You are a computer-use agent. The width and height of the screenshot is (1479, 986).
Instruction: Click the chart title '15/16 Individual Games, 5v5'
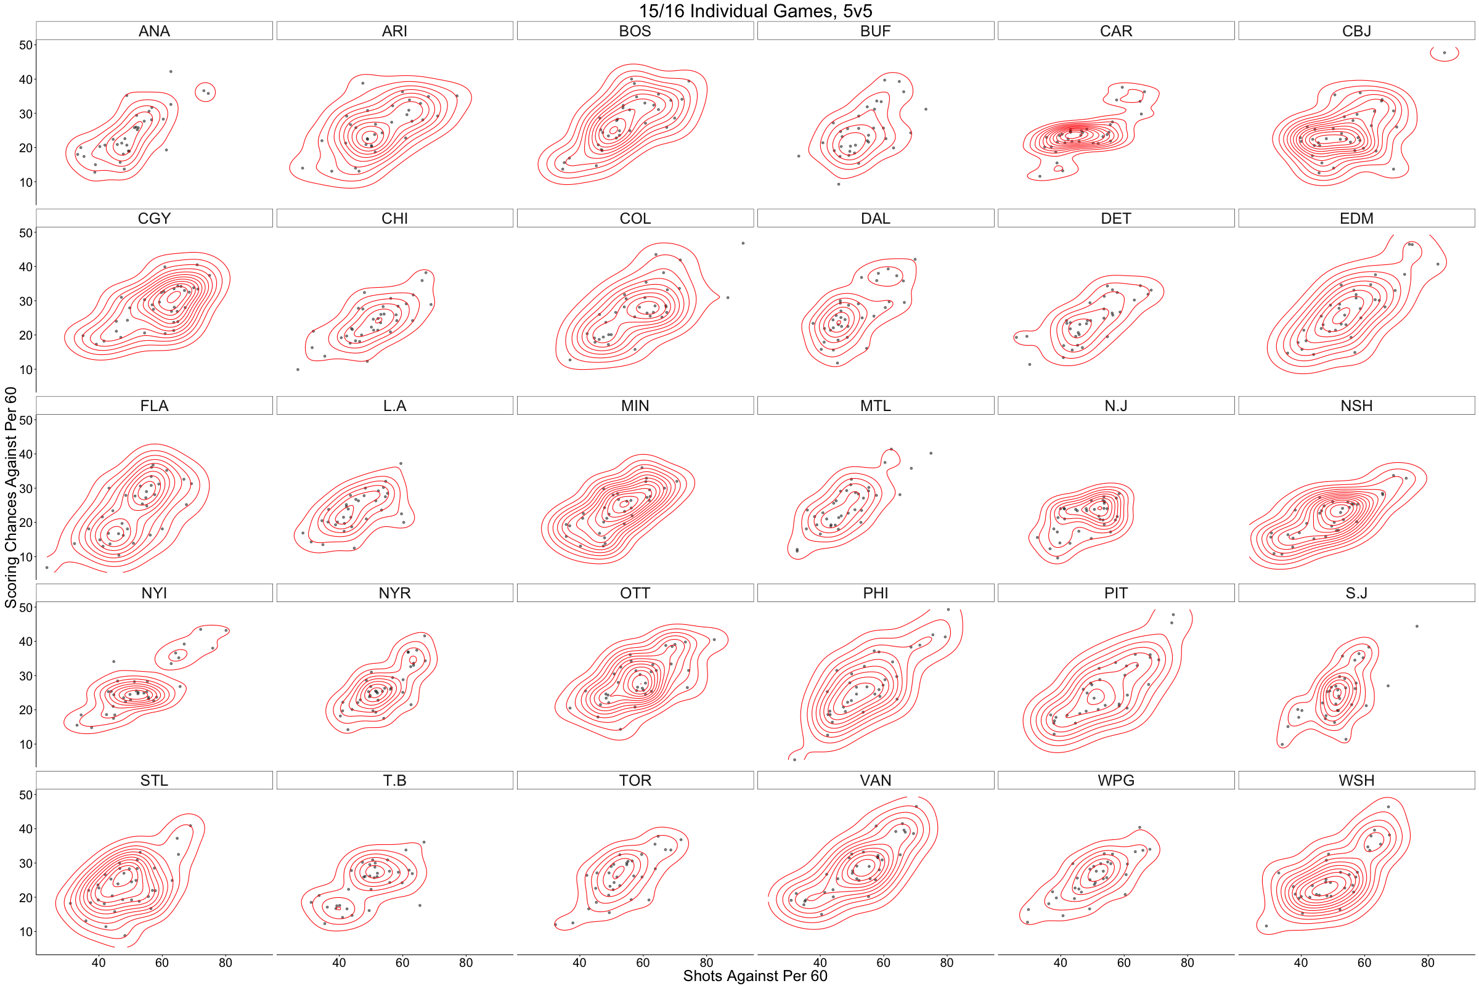coord(756,10)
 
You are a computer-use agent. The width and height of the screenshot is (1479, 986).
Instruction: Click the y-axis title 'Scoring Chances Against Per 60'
coord(10,497)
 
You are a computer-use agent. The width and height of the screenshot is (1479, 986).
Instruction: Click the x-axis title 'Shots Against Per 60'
coord(756,976)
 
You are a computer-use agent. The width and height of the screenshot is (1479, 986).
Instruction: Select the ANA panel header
coord(154,31)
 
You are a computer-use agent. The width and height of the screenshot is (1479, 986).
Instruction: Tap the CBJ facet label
coord(1356,31)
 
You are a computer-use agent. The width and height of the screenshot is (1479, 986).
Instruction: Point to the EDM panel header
coord(1356,218)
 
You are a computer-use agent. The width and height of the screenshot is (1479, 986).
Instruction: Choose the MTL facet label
coord(875,405)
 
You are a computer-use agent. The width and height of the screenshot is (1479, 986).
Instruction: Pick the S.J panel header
coord(1356,593)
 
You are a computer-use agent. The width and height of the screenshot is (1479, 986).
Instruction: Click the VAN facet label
coord(875,780)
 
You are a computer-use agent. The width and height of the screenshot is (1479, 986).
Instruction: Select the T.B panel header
coord(394,780)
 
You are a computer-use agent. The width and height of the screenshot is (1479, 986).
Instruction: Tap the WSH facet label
coord(1356,780)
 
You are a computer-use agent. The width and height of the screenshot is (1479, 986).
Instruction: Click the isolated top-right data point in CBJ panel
coord(1444,53)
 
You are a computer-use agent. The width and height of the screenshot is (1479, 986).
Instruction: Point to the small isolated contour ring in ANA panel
coord(206,92)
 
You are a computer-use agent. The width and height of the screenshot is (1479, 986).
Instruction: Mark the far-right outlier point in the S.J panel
coord(1417,626)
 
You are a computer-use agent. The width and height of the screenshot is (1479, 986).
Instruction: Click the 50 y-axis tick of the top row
coord(25,45)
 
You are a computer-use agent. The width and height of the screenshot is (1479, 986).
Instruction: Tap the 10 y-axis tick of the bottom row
coord(25,932)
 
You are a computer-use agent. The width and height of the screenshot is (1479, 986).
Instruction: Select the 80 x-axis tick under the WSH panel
coord(1428,963)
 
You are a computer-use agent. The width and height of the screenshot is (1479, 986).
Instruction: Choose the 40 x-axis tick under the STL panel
coord(99,963)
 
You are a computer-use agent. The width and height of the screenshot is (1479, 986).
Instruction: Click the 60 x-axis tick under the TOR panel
coord(643,963)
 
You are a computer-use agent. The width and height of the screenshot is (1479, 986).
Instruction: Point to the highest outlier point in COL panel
coord(743,243)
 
